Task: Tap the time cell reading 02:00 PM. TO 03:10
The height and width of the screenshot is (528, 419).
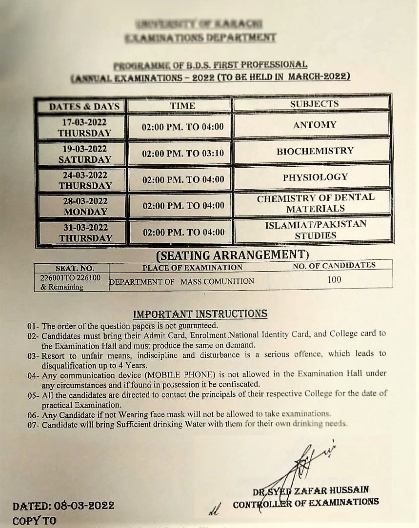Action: coord(182,153)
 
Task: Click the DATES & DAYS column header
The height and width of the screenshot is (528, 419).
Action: coord(84,106)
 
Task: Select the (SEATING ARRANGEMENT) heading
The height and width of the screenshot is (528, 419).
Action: coord(232,254)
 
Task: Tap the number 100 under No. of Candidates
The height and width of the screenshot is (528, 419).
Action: coord(334,279)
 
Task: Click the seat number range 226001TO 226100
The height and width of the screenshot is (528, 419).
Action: coord(71,277)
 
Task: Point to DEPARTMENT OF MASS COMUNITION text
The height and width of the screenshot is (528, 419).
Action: coord(181,281)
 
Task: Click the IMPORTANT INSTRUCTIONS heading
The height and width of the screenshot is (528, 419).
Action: coord(200,313)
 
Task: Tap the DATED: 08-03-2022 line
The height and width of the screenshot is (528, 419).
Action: coord(63,506)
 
